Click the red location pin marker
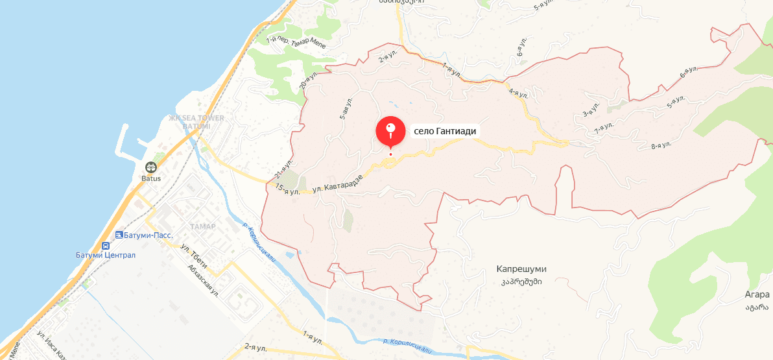coord(390,131)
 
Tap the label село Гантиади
coord(445,131)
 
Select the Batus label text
coord(150,178)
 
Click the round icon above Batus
coord(150,167)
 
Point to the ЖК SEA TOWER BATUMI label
coord(196,121)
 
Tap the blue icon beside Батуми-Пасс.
coord(119,235)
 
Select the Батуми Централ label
coord(105,255)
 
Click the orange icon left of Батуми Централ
coord(104,246)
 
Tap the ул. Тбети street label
coord(193,252)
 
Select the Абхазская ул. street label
coord(202,280)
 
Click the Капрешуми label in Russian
coord(521,269)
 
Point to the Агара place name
coord(757,294)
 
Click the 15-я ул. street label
coord(287,189)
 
